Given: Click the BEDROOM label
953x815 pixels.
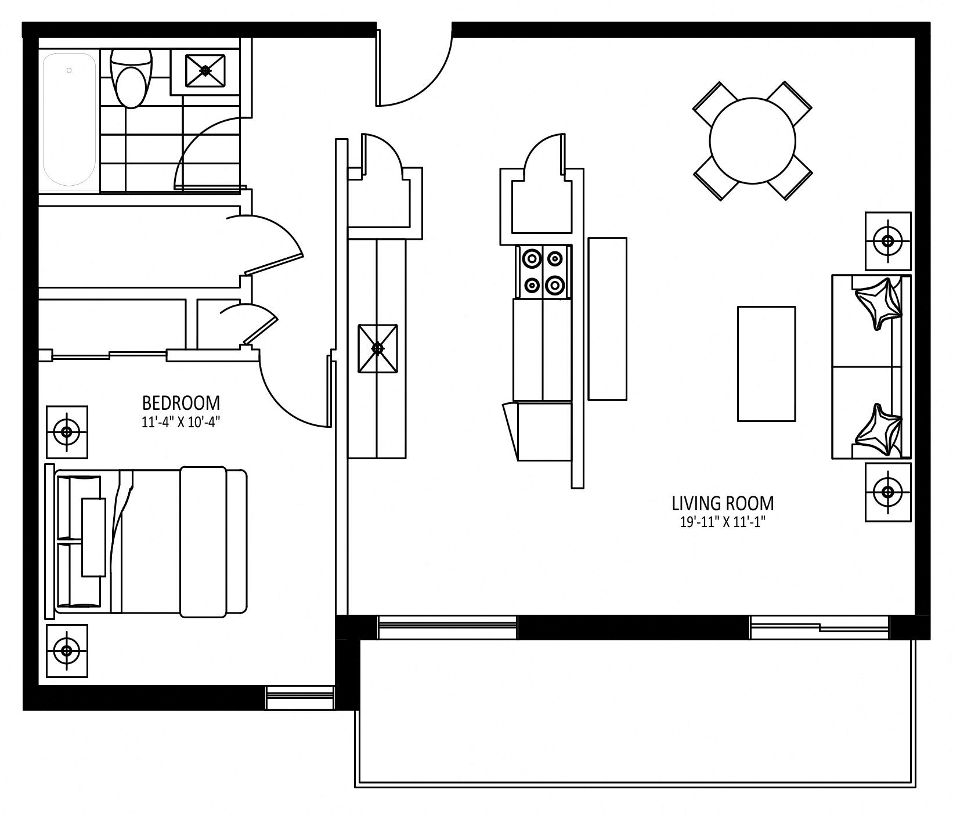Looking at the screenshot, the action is pyautogui.click(x=181, y=402).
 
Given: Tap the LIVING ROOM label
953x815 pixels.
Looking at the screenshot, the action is pyautogui.click(x=723, y=503).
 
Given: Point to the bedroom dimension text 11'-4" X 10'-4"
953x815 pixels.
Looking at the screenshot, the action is pyautogui.click(x=181, y=422).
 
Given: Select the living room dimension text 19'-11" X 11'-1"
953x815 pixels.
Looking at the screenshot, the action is pyautogui.click(x=723, y=522).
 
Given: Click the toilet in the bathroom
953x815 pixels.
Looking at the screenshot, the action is pyautogui.click(x=131, y=78).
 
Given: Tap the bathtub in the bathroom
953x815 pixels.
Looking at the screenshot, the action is pyautogui.click(x=70, y=120).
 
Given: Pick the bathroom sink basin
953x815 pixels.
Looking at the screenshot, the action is pyautogui.click(x=205, y=70).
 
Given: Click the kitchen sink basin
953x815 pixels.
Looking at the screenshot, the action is pyautogui.click(x=378, y=348).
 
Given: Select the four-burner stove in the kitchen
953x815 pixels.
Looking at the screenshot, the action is pyautogui.click(x=543, y=271).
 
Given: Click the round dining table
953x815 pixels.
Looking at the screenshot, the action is pyautogui.click(x=752, y=141).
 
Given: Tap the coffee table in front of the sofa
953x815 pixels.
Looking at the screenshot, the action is pyautogui.click(x=766, y=363).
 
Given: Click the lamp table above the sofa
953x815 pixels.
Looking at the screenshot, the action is pyautogui.click(x=888, y=241).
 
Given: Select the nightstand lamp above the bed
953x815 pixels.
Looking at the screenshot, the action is pyautogui.click(x=67, y=432).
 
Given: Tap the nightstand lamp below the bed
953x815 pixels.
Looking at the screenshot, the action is pyautogui.click(x=67, y=651).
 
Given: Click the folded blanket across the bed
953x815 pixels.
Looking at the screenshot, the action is pyautogui.click(x=203, y=542).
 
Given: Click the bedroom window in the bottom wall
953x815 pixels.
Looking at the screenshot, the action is pyautogui.click(x=300, y=698).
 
